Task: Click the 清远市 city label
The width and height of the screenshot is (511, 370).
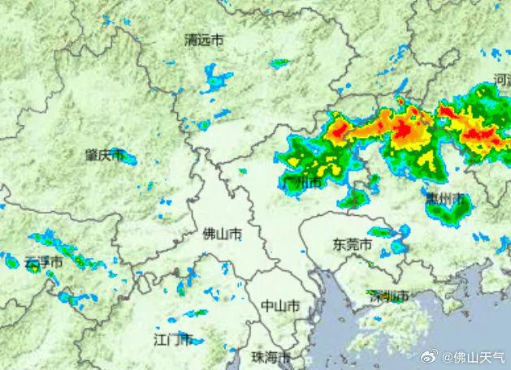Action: tap(204, 40)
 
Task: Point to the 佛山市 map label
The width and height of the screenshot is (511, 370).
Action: tap(221, 234)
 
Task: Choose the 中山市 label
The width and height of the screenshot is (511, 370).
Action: tap(280, 305)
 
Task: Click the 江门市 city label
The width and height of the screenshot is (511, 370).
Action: tap(173, 338)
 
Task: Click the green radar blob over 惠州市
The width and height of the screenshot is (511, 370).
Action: tap(446, 208)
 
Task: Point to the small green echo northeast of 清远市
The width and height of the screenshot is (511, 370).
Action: tap(280, 62)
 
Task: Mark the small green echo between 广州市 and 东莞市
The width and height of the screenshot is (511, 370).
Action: tap(354, 198)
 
